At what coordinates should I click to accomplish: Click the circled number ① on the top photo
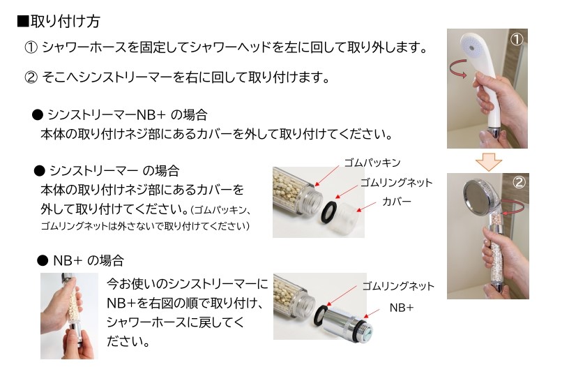click(x=516, y=39)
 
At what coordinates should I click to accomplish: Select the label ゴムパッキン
click(x=372, y=163)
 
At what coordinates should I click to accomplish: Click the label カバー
click(x=396, y=202)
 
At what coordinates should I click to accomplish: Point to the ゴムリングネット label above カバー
click(x=395, y=183)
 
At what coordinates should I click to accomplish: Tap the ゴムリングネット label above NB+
click(x=397, y=286)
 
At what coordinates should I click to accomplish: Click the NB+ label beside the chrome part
click(x=401, y=306)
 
